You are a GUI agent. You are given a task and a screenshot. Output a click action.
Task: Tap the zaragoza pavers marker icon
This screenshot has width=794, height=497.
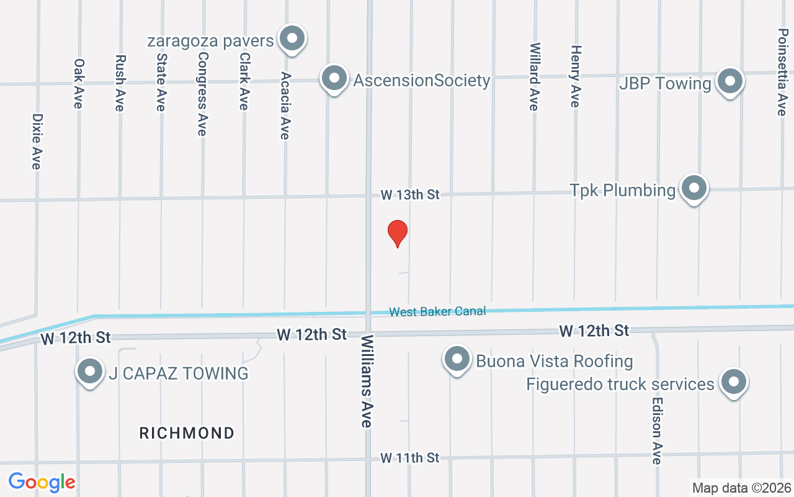[291, 39]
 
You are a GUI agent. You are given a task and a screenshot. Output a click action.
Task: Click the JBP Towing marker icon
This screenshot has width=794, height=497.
[730, 81]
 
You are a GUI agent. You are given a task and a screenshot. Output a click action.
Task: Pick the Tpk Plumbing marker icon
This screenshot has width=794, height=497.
[694, 188]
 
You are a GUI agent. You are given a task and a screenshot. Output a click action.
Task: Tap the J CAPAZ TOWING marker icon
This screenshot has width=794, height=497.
[90, 372]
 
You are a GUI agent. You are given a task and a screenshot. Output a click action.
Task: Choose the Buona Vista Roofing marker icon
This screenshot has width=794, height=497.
[457, 359]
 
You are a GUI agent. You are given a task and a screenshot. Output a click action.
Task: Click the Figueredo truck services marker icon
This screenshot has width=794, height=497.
[734, 382]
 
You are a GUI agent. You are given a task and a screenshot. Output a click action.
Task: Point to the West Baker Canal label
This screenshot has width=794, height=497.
[437, 311]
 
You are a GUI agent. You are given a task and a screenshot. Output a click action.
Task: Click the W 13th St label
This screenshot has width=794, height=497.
[409, 195]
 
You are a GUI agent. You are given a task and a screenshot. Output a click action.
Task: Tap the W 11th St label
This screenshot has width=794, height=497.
[409, 458]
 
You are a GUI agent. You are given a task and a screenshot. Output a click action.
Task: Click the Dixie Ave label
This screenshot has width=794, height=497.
[37, 141]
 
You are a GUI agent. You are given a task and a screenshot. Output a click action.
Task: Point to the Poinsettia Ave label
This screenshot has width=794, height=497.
[781, 72]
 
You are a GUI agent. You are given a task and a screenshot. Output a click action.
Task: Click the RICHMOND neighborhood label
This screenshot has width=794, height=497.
[187, 433]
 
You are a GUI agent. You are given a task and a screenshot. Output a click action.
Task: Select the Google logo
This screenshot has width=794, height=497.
[42, 481]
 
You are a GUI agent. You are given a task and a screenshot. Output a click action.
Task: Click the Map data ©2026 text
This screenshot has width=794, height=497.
[742, 488]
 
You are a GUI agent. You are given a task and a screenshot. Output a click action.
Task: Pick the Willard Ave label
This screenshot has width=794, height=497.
[534, 76]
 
